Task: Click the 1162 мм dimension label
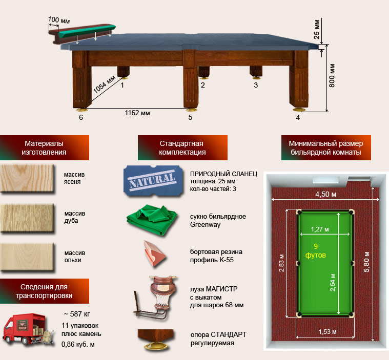pos(137,113)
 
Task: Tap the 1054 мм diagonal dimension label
pos(104,84)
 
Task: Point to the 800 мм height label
pos(332,76)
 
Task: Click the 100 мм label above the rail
pos(59,20)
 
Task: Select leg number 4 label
pos(298,117)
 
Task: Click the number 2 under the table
pos(202,86)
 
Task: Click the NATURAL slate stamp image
pos(153,180)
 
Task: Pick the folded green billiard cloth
pos(152,220)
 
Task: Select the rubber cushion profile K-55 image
pos(154,253)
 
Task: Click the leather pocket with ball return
pos(156,298)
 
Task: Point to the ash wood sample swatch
pos(27,178)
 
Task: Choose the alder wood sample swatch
pos(27,257)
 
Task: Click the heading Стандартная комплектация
pos(182,148)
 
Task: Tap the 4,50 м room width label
pos(326,195)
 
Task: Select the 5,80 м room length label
pos(366,262)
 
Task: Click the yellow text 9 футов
pos(316,251)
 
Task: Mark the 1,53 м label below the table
pos(327,332)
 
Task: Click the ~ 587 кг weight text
pos(77,314)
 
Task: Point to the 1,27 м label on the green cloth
pos(320,229)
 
